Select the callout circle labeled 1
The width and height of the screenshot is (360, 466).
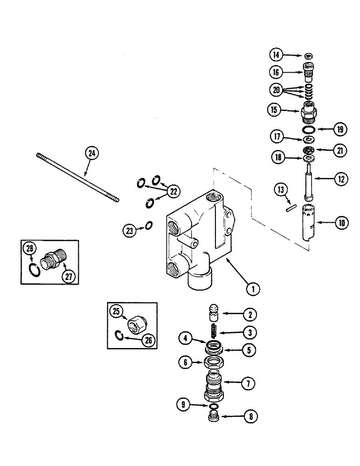[252, 288]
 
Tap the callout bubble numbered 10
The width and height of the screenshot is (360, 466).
[342, 222]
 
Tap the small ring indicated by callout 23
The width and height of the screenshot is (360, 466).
[148, 226]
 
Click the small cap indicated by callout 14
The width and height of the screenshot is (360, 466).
[308, 56]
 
